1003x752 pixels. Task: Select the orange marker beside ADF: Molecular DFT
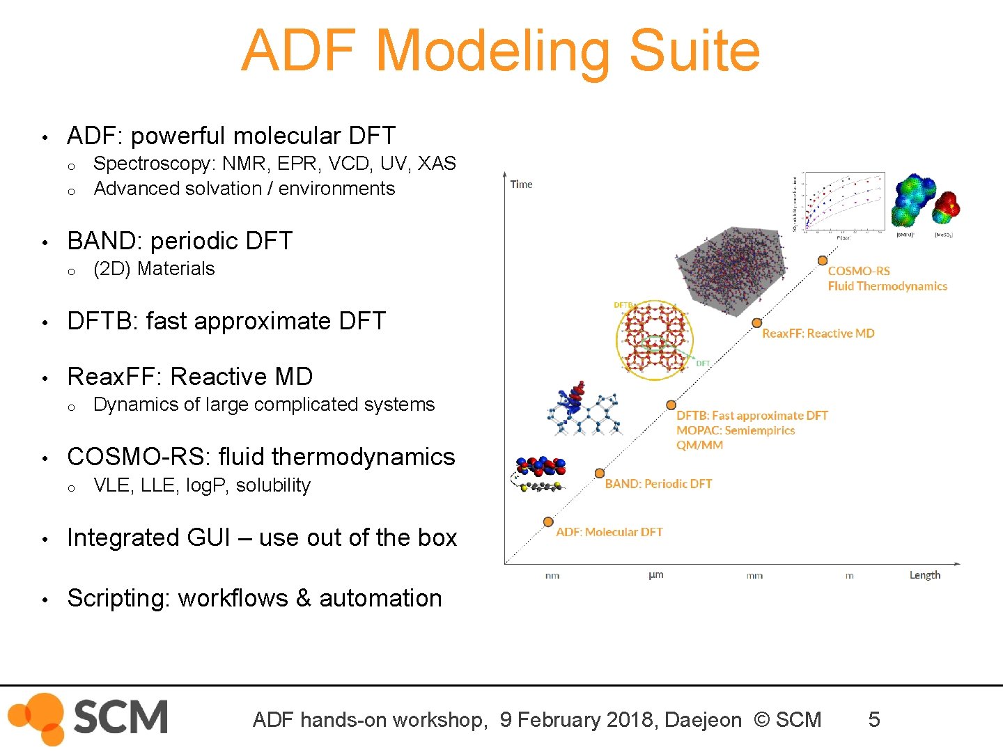[548, 522]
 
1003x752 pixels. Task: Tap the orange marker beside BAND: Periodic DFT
[599, 473]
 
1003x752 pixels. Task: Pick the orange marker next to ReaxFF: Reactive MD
[756, 323]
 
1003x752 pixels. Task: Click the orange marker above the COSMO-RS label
[822, 260]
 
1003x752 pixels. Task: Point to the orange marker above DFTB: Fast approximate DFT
[671, 405]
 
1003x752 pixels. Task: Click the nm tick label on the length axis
[552, 576]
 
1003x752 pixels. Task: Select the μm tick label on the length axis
[655, 575]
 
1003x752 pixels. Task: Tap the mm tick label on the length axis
[754, 576]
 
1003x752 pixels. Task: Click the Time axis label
[521, 185]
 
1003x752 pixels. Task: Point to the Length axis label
[924, 575]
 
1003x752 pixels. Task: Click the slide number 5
[873, 719]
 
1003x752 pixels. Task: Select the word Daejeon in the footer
[703, 720]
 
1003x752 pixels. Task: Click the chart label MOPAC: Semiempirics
[736, 430]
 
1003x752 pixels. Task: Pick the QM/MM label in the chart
[699, 446]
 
